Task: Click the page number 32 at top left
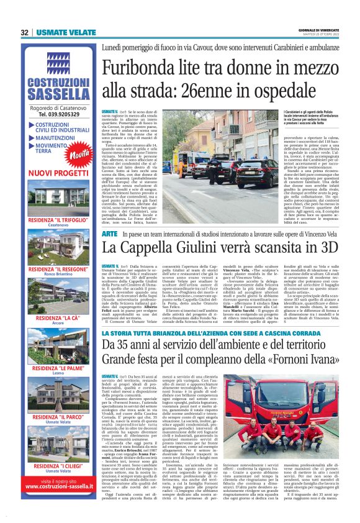pos(25,32)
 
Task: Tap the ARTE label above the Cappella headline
pos(109,234)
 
